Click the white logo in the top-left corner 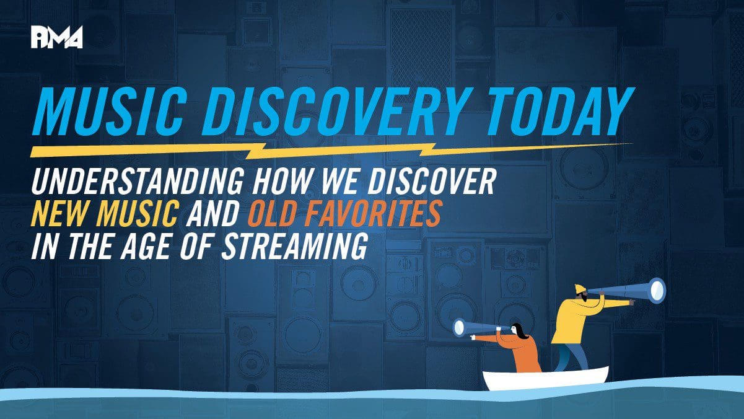(x=57, y=37)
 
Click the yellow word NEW (x=61, y=214)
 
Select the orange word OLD (x=271, y=214)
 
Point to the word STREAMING (x=295, y=246)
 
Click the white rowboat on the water (x=545, y=379)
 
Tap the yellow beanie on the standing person (x=580, y=289)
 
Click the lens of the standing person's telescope (x=658, y=291)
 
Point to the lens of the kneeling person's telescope (x=459, y=328)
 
